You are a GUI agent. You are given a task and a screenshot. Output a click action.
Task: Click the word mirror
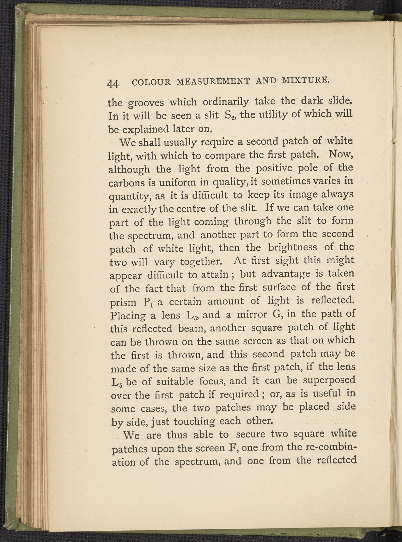(x=244, y=314)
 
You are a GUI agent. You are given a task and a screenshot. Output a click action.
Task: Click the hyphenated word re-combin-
(x=322, y=447)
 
